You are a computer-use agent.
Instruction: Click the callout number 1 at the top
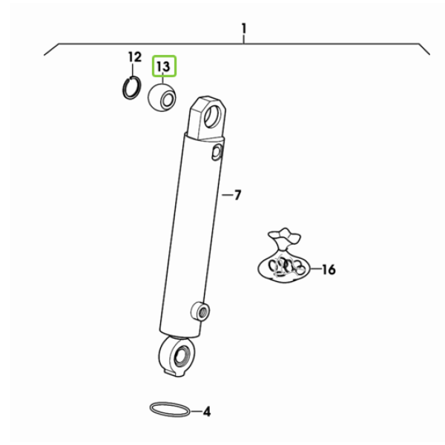[x=244, y=29]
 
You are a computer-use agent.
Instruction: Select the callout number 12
[x=135, y=57]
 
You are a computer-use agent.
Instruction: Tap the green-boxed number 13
[x=164, y=66]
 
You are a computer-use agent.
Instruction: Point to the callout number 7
[x=237, y=195]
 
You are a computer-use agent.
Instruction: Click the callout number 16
[x=329, y=269]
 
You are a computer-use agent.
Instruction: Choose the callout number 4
[x=207, y=412]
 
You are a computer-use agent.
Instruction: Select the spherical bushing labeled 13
[x=162, y=97]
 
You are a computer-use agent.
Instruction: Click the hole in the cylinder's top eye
[x=212, y=116]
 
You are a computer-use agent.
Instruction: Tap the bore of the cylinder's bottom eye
[x=181, y=355]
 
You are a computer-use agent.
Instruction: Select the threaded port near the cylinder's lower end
[x=201, y=311]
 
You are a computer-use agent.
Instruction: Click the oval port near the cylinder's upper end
[x=217, y=152]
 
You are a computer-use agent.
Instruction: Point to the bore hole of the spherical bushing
[x=168, y=100]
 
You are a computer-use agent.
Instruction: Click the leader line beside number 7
[x=227, y=195]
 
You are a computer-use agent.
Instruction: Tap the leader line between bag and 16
[x=316, y=268]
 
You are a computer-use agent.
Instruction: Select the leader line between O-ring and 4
[x=196, y=411]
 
